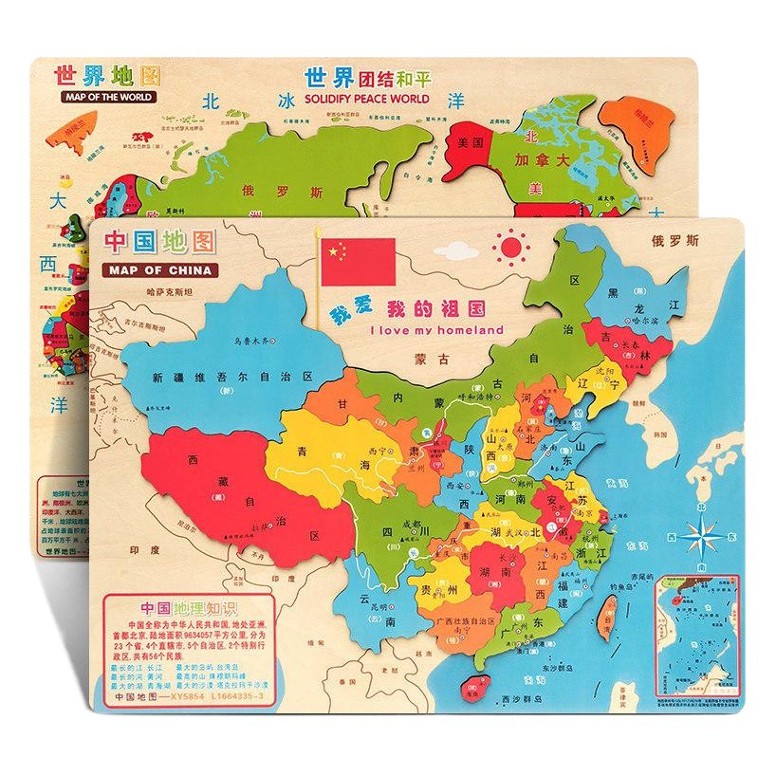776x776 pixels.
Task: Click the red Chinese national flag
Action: [x=358, y=261]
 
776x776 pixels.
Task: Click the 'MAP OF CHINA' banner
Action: [x=158, y=270]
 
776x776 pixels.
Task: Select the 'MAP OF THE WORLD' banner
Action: [x=106, y=97]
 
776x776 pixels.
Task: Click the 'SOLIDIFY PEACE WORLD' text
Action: [x=366, y=99]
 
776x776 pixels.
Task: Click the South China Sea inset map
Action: [x=697, y=631]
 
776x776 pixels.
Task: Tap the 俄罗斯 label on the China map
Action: [x=675, y=240]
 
